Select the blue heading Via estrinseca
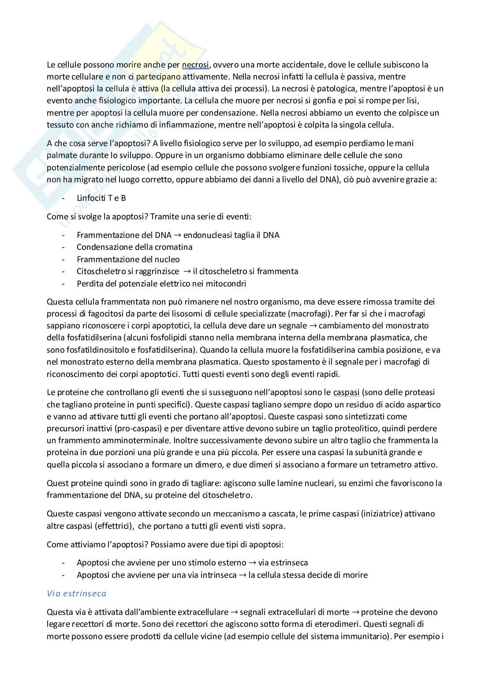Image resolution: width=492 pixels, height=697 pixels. [76, 593]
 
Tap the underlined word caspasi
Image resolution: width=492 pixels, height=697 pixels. [347, 392]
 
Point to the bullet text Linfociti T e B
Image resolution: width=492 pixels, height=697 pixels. [101, 198]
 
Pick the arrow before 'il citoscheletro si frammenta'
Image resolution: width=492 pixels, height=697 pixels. [186, 271]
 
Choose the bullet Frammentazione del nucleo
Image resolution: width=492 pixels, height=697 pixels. [128, 260]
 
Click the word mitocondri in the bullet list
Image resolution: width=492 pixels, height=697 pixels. [227, 283]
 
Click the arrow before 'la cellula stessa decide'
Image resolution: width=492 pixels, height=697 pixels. [242, 575]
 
